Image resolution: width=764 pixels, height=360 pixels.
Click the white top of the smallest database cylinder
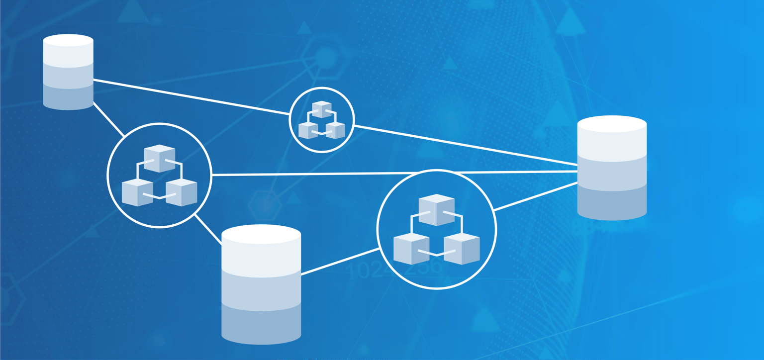click(x=68, y=40)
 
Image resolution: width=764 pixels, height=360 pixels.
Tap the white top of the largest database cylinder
click(x=261, y=234)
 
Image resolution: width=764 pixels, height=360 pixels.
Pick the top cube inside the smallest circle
click(x=322, y=109)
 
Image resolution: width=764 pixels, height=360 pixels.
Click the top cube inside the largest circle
click(x=436, y=209)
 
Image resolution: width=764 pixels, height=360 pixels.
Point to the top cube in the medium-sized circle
click(x=159, y=158)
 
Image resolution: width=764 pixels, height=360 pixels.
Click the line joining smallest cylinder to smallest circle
click(x=191, y=97)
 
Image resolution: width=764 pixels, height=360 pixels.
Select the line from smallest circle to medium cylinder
click(x=465, y=145)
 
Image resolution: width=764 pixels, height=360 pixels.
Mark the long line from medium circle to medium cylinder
click(x=393, y=173)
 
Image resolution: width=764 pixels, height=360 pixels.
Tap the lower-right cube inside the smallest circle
click(x=336, y=130)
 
